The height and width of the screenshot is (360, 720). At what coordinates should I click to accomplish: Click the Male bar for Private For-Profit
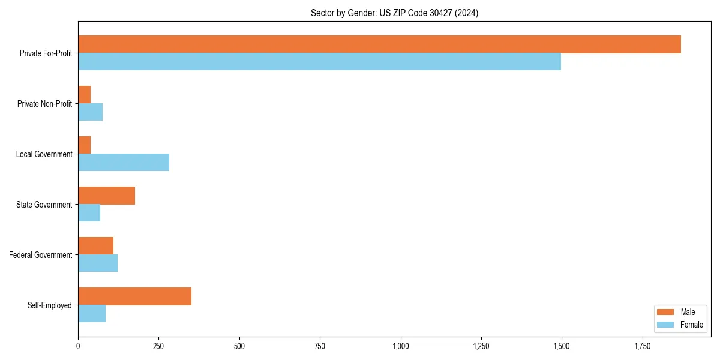click(x=379, y=44)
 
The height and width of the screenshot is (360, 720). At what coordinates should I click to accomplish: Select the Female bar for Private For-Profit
click(x=319, y=62)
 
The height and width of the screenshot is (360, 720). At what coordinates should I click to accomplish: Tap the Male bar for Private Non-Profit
click(x=85, y=95)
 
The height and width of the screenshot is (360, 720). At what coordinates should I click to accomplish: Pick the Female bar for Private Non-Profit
click(x=91, y=112)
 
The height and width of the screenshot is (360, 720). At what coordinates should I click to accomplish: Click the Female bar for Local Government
click(x=124, y=163)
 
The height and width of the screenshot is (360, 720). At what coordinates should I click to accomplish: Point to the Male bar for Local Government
click(x=85, y=145)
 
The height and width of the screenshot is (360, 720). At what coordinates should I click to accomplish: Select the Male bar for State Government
click(x=107, y=196)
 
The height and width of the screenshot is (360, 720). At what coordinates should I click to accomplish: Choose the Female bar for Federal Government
click(x=98, y=263)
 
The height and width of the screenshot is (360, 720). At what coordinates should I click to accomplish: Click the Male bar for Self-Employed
click(x=135, y=296)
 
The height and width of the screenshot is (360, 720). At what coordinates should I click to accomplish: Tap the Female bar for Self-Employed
click(x=92, y=314)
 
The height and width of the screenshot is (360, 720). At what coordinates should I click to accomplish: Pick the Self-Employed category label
click(x=50, y=305)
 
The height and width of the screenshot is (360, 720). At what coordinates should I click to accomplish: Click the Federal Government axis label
click(x=41, y=255)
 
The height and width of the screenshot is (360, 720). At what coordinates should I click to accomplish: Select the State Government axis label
click(x=44, y=205)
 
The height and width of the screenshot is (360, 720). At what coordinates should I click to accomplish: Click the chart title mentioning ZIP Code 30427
click(x=394, y=13)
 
